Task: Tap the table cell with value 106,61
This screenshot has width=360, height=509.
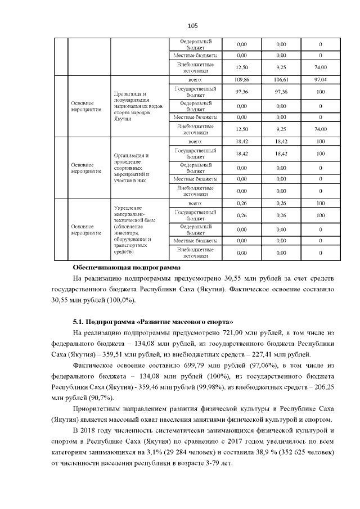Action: (x=281, y=80)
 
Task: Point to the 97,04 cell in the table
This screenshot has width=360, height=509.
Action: (x=320, y=80)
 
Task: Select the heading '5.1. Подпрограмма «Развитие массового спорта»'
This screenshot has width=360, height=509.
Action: (x=153, y=321)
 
